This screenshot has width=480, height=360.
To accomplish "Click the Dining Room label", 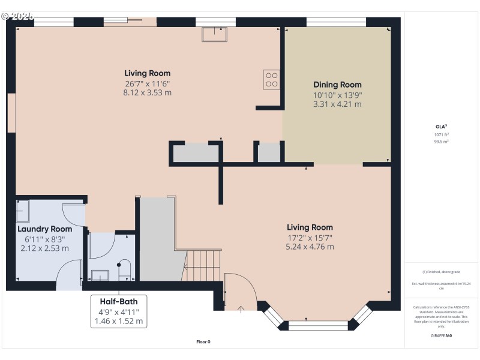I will pos(337,85).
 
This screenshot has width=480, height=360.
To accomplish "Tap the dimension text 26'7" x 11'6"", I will pos(148,83).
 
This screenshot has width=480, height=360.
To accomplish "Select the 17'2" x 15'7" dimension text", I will pos(310,237).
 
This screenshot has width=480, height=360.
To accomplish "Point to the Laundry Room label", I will pos(44,229).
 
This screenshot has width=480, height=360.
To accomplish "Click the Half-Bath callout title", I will pos(118,301).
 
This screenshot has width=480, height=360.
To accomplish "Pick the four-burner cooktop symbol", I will pos(271,80).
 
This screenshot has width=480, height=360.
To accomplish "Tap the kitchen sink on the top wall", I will pos(214,35).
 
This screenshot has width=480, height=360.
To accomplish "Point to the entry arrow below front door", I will pos(241,309).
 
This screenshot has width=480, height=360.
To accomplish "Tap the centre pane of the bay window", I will pos(319,325).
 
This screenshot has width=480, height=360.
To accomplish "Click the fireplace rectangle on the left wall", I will pos(11,112).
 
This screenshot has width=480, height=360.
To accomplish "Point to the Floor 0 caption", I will pos(203,342).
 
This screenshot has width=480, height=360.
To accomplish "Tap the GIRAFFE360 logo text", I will pos(441,335).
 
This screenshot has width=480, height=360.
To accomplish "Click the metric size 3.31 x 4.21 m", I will pos(337,104).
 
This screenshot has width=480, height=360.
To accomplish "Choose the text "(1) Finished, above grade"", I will pos(441,272).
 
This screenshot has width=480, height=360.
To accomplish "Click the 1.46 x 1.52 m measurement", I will pos(118,321).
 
